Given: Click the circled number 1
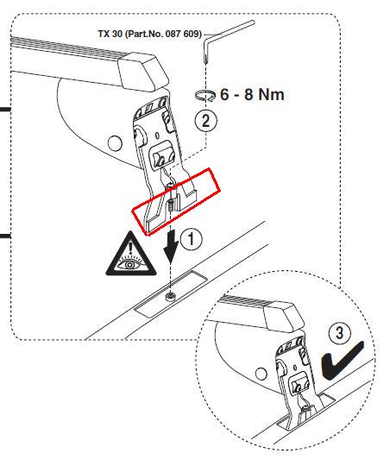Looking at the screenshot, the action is (192, 239).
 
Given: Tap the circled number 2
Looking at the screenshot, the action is (206, 121).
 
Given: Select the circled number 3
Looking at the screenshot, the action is (340, 333).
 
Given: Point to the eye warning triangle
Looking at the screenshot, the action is (131, 254).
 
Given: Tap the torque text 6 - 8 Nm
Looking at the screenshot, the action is (252, 95).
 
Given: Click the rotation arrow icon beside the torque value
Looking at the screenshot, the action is (205, 95).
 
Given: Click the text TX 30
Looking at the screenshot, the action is (110, 34).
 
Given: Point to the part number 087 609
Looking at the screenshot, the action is (184, 34).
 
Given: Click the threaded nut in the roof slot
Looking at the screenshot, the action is (171, 296).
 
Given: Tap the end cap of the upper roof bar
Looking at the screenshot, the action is (144, 72).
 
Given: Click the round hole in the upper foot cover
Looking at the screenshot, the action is (115, 143).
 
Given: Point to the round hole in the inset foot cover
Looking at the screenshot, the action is (260, 374).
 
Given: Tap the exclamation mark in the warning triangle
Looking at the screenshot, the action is (130, 247).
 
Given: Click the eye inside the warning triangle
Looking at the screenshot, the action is (130, 264).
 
